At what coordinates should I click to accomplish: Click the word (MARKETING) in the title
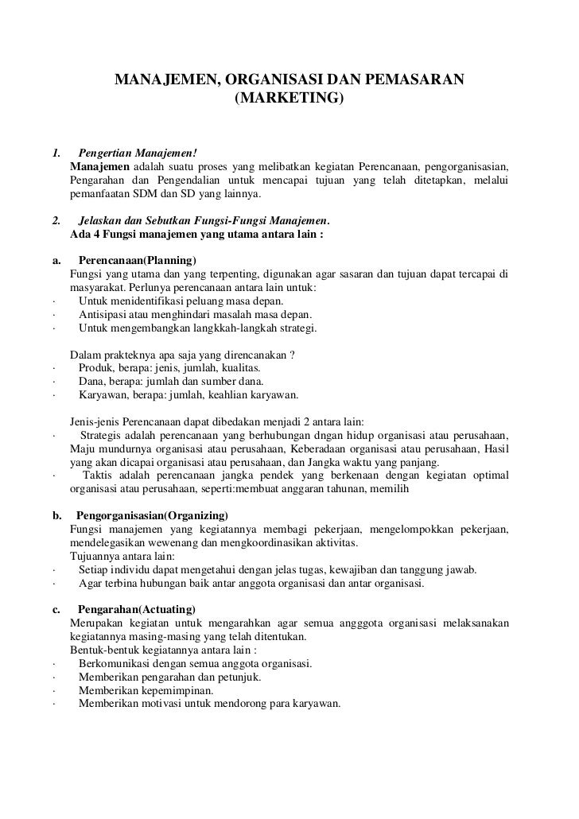[x=289, y=100]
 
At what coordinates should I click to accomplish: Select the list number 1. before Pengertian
[x=56, y=153]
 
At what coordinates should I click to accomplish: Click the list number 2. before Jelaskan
[x=56, y=220]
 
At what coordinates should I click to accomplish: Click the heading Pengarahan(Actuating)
[x=136, y=609]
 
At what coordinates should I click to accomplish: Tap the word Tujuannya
[x=97, y=556]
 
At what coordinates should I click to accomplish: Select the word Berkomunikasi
[x=115, y=664]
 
